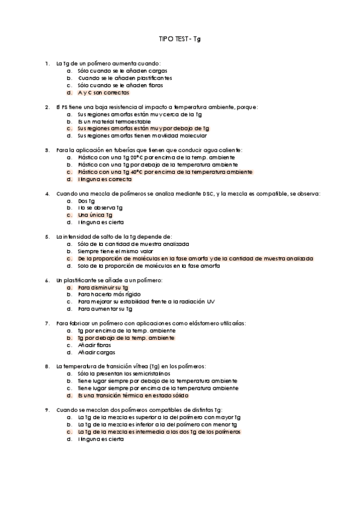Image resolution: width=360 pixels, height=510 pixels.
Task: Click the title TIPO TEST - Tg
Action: (180, 37)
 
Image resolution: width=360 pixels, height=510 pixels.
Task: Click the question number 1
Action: (47, 63)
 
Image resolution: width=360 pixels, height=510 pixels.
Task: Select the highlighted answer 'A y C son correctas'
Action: (103, 93)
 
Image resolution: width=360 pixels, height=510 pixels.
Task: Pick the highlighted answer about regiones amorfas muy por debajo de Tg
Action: (143, 129)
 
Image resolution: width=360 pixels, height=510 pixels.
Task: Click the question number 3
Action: (47, 149)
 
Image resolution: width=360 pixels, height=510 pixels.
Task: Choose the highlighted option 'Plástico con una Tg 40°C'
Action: (165, 171)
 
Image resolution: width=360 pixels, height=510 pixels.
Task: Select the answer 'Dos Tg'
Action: (87, 201)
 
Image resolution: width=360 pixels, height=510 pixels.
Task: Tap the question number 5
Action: (47, 237)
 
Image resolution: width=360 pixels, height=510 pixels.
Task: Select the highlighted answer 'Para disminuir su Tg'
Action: (103, 287)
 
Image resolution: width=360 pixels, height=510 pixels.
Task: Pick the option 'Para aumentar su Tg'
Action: (105, 309)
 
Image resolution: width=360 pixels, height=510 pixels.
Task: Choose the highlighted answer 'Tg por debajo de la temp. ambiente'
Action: (126, 338)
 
